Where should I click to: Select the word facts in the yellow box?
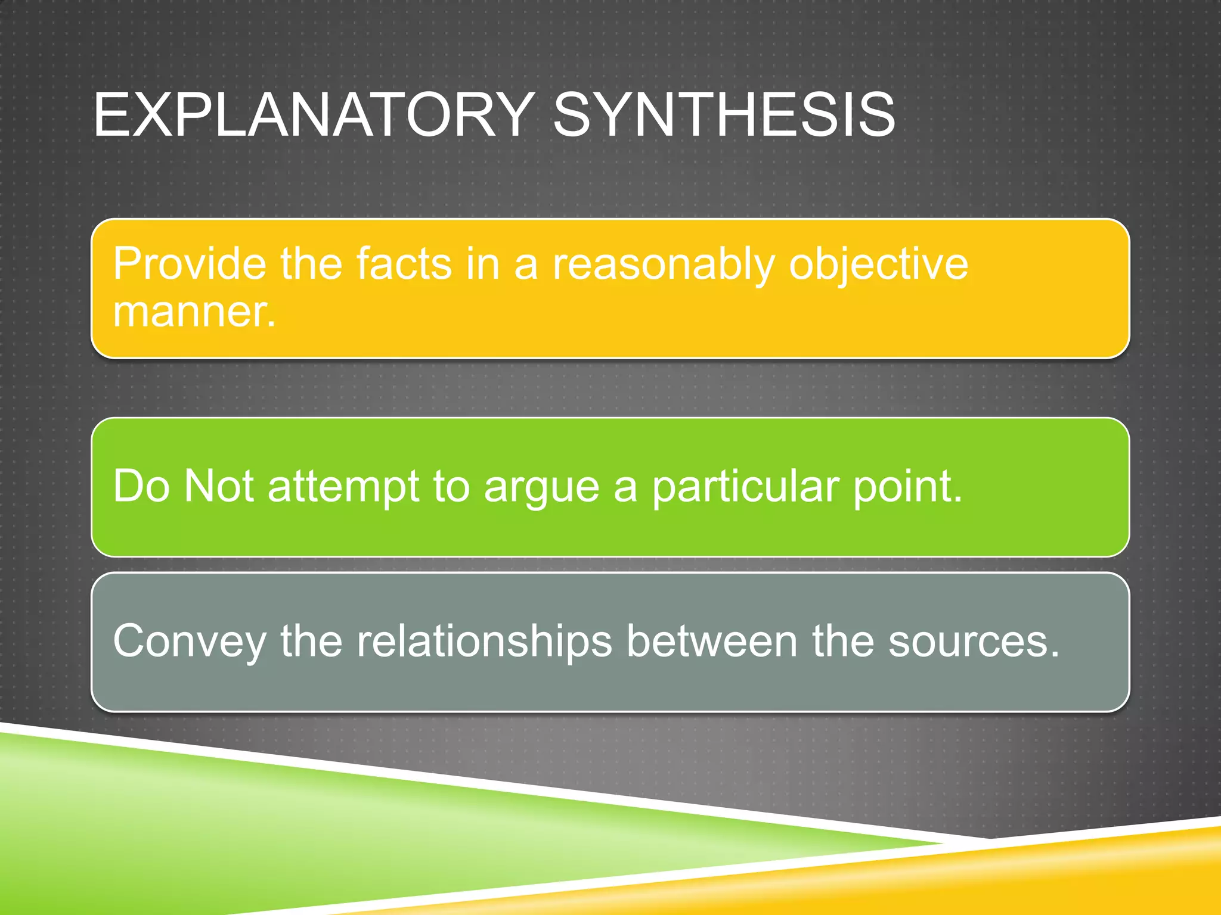coord(404,263)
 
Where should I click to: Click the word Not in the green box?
coord(219,486)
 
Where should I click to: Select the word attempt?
coord(343,487)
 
